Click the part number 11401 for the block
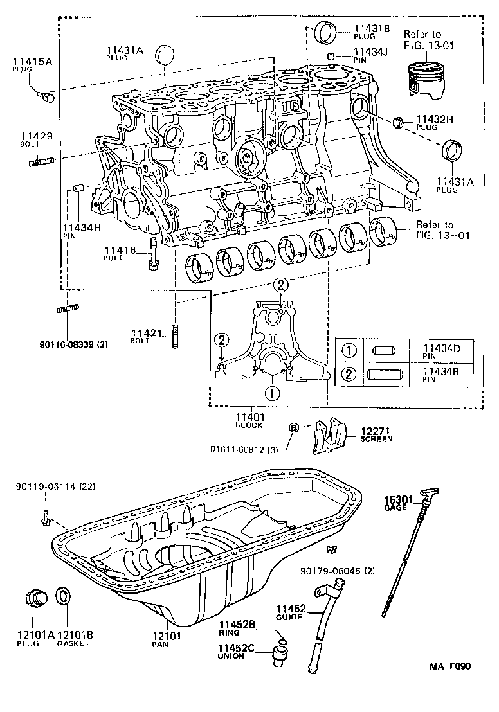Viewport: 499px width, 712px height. (x=250, y=416)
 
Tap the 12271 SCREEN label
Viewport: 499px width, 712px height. (x=376, y=434)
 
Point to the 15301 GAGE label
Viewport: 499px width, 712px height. (x=397, y=503)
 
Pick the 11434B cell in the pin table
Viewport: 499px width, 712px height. (x=441, y=375)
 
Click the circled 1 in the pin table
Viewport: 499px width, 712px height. (x=348, y=351)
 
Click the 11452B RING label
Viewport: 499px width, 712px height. (x=237, y=628)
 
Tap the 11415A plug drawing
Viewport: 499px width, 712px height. (x=47, y=97)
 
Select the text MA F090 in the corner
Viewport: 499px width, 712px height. (x=450, y=666)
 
